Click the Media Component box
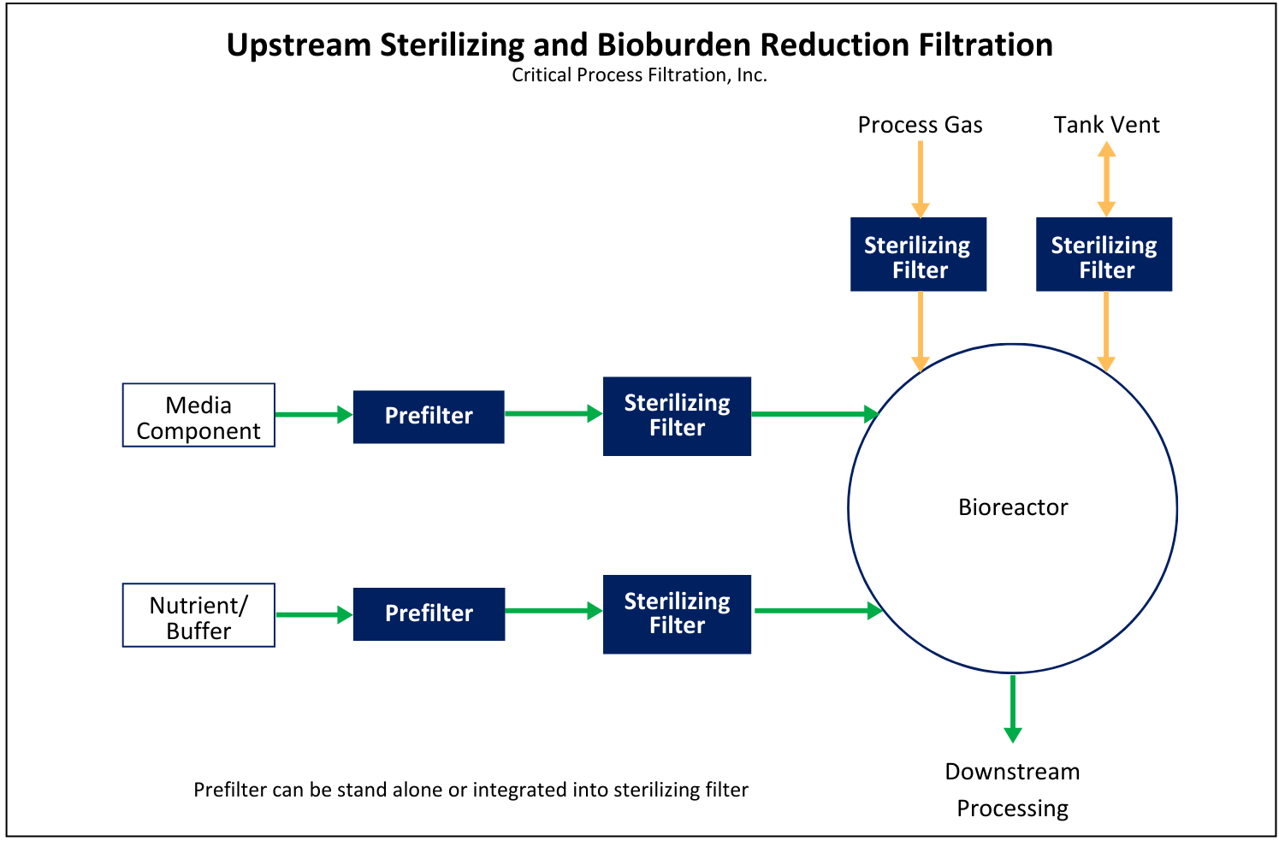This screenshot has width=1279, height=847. point(198,416)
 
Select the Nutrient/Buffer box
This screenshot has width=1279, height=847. point(198,616)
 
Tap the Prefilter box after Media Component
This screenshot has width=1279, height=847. point(429,417)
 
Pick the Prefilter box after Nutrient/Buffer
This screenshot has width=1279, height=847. point(429,614)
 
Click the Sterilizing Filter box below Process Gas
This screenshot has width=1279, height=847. point(918,255)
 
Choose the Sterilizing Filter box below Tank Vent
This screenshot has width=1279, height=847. point(1104,255)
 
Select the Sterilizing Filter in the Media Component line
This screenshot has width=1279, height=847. point(677,417)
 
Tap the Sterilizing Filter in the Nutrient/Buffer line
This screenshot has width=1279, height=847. point(677,614)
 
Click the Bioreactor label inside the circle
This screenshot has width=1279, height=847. point(1013,507)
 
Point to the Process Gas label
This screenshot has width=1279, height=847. point(920,125)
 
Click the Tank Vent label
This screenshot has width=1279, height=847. point(1106,125)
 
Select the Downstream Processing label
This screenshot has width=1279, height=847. point(1013,790)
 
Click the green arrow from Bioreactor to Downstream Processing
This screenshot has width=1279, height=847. point(1013,708)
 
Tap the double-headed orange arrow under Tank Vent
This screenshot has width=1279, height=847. point(1106,179)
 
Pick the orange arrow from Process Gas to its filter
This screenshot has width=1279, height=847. point(921,179)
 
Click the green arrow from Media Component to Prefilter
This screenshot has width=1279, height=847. point(314,415)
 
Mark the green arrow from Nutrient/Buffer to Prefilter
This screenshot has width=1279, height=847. point(314,614)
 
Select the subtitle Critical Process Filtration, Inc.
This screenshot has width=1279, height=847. point(639,75)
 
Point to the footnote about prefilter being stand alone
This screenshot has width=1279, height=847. point(471,790)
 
